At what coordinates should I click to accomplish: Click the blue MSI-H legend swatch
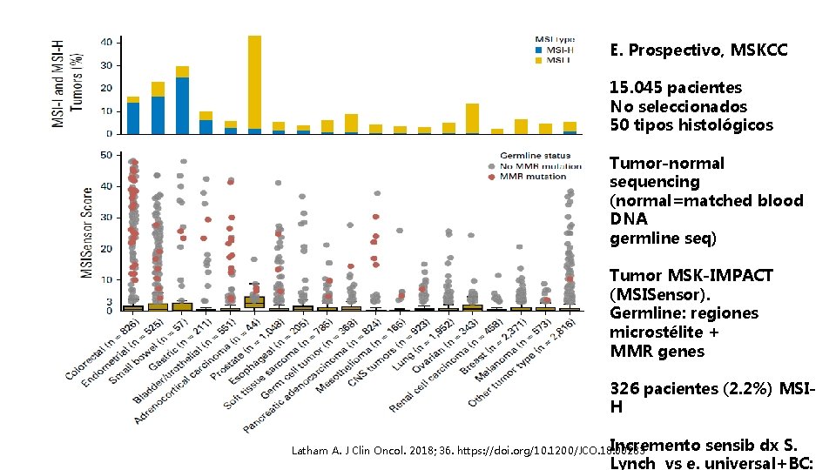tap(539, 50)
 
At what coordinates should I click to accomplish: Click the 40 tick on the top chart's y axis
tap(104, 41)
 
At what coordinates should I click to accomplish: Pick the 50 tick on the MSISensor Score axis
tap(106, 156)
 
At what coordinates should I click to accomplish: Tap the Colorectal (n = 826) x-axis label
tap(103, 353)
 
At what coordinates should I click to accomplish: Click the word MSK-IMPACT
tap(713, 276)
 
